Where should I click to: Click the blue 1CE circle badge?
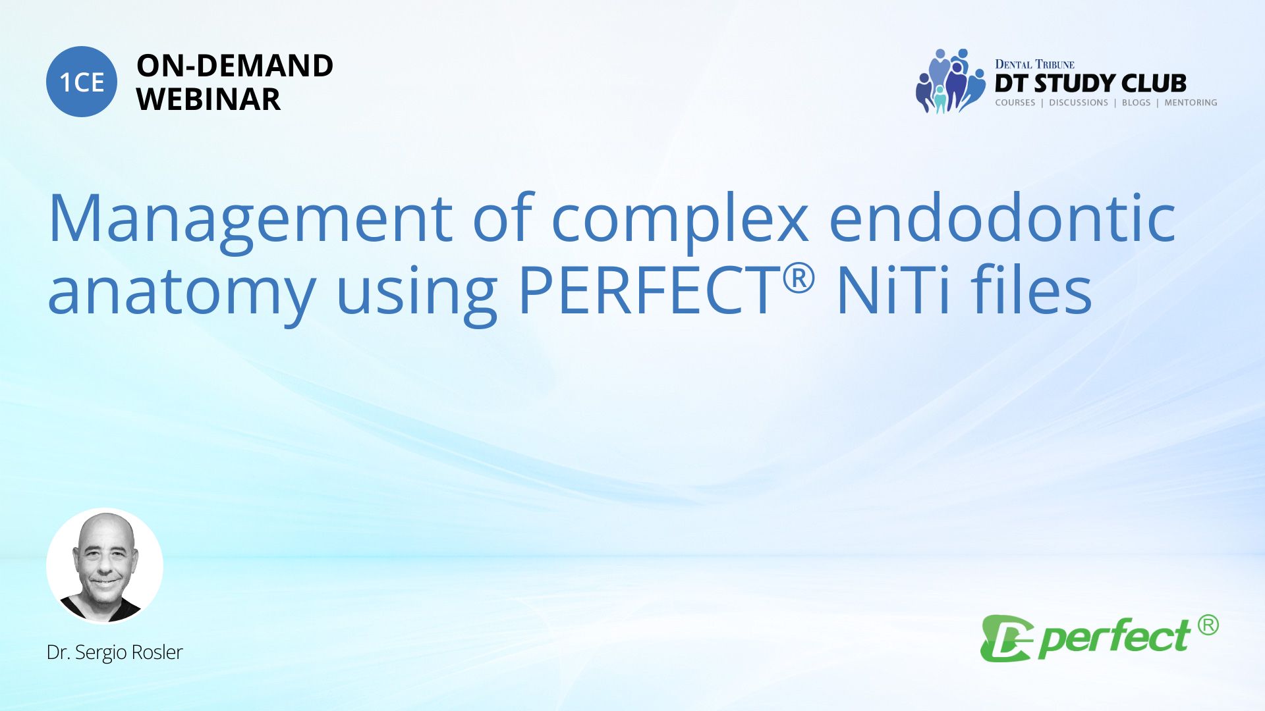coord(82,82)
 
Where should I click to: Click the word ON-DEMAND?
coord(235,66)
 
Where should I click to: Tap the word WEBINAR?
coord(208,99)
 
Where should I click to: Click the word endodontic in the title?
coord(1002,217)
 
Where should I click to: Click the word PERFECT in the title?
coord(649,290)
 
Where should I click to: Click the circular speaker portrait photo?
coord(105,566)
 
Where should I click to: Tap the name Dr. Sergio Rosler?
coord(115,652)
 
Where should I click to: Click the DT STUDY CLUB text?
coord(1090,84)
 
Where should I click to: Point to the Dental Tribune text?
coord(1034,64)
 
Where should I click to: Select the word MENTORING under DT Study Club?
coord(1191,103)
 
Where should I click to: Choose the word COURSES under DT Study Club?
coord(1015,103)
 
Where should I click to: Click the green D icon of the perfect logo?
coord(1005,638)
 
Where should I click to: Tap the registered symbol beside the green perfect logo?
coord(1208,625)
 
